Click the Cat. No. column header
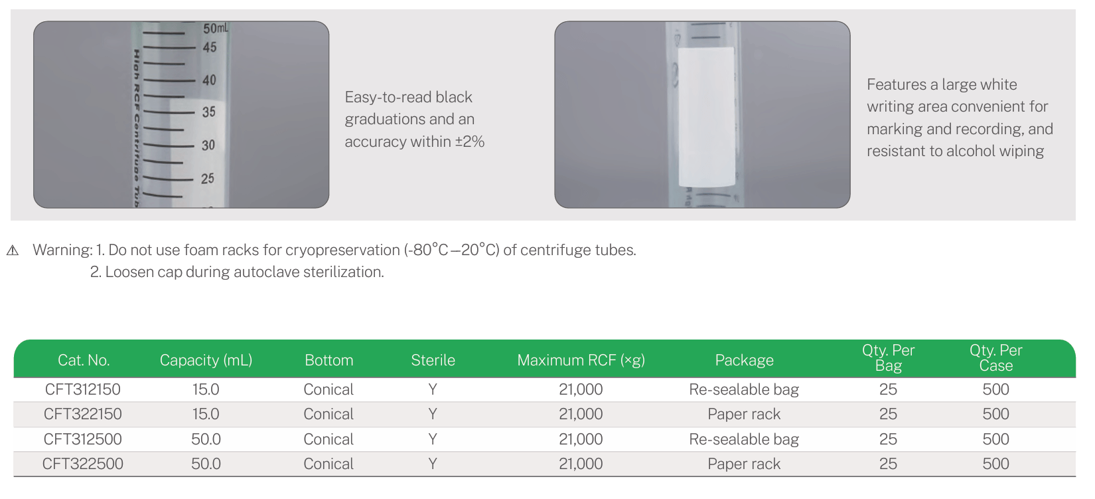pyautogui.click(x=83, y=360)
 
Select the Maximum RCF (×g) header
pyautogui.click(x=581, y=360)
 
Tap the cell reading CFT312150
pyautogui.click(x=83, y=389)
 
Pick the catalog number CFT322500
pyautogui.click(x=83, y=464)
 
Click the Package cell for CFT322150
pyautogui.click(x=744, y=414)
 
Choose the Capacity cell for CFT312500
pyautogui.click(x=206, y=439)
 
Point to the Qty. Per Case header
pyautogui.click(x=995, y=358)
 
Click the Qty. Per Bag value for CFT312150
pyautogui.click(x=888, y=389)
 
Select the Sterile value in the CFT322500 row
pyautogui.click(x=433, y=464)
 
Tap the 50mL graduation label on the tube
pyautogui.click(x=215, y=29)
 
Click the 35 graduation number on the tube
pyautogui.click(x=209, y=112)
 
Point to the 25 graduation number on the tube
pyautogui.click(x=208, y=178)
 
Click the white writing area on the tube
pyautogui.click(x=706, y=116)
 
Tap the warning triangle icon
pyautogui.click(x=13, y=250)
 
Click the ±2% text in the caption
pyautogui.click(x=470, y=142)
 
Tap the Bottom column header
pyautogui.click(x=328, y=360)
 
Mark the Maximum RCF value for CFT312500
pyautogui.click(x=581, y=439)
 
